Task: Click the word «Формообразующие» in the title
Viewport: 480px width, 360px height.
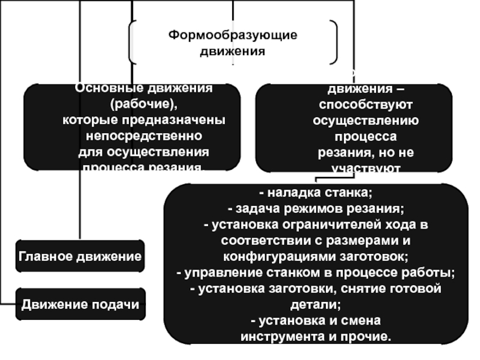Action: (x=232, y=36)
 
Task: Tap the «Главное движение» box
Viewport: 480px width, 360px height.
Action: (x=80, y=256)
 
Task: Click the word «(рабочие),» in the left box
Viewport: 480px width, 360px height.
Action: (x=144, y=104)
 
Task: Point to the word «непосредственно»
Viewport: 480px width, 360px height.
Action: (x=144, y=135)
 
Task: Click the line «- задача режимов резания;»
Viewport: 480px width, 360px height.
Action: (x=316, y=209)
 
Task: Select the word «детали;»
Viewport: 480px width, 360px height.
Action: (x=316, y=305)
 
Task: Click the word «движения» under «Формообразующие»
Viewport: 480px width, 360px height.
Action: (x=232, y=52)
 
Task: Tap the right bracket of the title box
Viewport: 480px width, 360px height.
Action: (x=333, y=42)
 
